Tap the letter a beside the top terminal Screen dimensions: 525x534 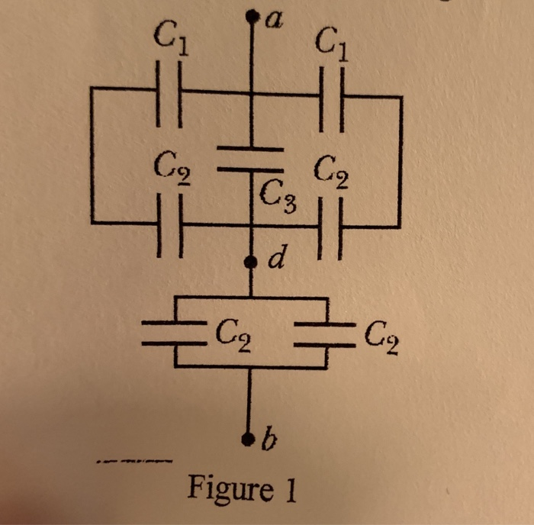point(272,18)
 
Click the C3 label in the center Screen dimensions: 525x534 point(275,199)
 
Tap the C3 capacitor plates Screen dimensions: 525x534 point(252,157)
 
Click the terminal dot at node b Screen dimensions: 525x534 point(250,440)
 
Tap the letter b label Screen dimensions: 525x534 point(267,440)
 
